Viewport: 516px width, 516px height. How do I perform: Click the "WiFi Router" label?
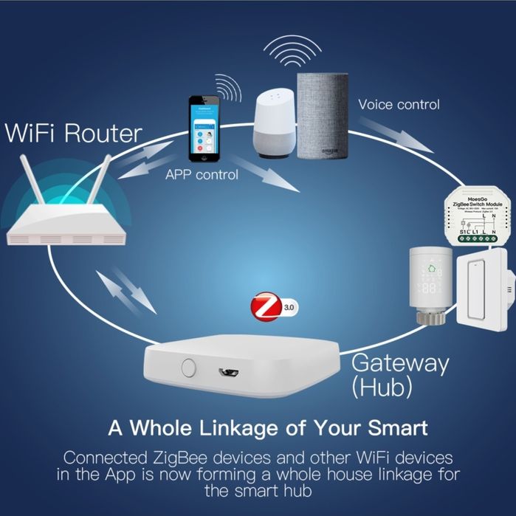tap(73, 134)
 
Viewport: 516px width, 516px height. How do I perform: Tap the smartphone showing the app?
tap(203, 128)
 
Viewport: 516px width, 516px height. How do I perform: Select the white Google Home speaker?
tap(275, 124)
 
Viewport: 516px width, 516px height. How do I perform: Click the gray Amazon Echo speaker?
tap(322, 116)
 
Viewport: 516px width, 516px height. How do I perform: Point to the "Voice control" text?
tap(399, 104)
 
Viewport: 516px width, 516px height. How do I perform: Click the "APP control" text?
tap(202, 175)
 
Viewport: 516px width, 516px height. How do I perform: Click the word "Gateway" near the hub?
tap(399, 363)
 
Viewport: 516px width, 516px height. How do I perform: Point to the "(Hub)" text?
tap(382, 388)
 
